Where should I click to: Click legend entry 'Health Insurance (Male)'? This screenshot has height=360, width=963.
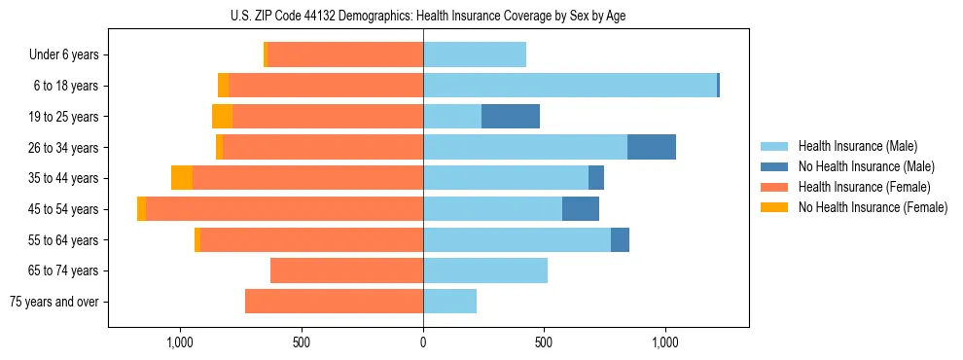tap(857, 146)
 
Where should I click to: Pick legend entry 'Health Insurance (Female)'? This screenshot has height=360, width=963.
tap(864, 187)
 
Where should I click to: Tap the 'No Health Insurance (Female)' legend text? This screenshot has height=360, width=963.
tap(873, 207)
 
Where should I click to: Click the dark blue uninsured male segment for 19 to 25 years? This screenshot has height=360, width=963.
tap(510, 117)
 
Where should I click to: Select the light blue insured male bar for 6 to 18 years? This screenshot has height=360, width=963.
tap(570, 86)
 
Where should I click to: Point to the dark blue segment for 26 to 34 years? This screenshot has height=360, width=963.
tap(651, 147)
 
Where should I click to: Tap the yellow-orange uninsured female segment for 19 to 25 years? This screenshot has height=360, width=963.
tap(222, 117)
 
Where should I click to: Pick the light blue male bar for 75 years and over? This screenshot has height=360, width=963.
tap(449, 302)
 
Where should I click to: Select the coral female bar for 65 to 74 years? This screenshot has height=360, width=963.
tap(346, 270)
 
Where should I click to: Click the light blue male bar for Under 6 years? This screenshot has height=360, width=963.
tap(475, 54)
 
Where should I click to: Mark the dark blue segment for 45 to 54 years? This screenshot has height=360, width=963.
tap(580, 209)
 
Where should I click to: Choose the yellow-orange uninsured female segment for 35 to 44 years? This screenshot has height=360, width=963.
tap(182, 178)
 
